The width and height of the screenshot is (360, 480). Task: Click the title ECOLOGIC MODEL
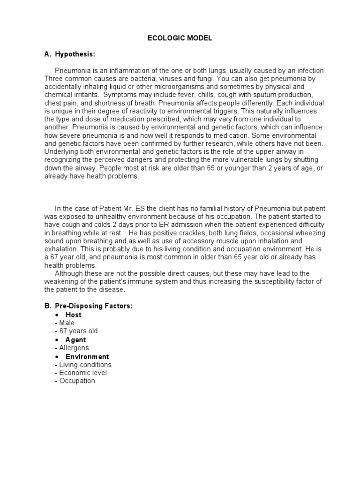tap(180, 38)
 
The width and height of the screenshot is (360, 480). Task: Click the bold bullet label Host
tap(73, 315)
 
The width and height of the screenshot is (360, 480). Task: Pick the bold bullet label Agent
tap(75, 340)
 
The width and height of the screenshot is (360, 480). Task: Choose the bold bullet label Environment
tap(87, 357)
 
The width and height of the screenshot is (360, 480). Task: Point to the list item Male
tap(66, 323)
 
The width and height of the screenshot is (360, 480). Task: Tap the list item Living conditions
tap(85, 365)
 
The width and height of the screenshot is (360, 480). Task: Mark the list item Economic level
tap(82, 373)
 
